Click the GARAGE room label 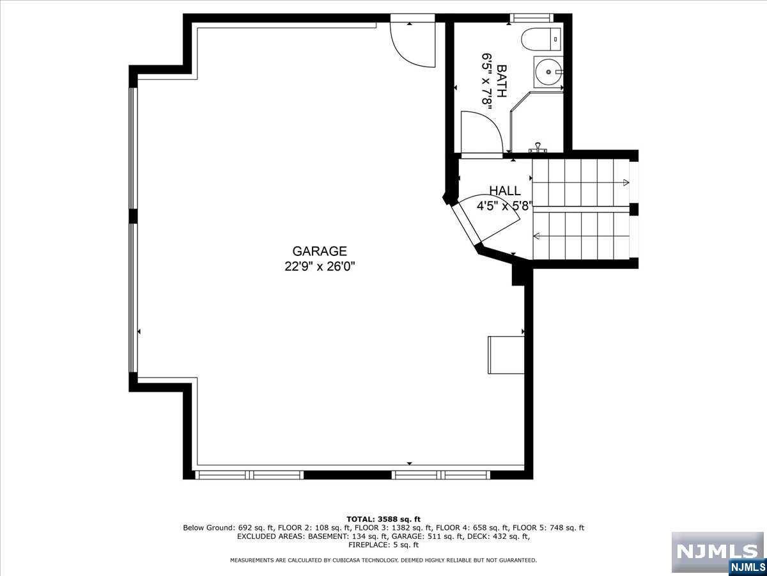coord(320,252)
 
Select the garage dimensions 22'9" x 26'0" coord(320,266)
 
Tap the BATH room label coord(501,81)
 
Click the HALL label coord(505,191)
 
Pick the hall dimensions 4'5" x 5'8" coord(505,206)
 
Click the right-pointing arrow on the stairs coord(625,183)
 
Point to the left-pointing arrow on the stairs coord(536,237)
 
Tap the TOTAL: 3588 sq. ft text coord(383,519)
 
